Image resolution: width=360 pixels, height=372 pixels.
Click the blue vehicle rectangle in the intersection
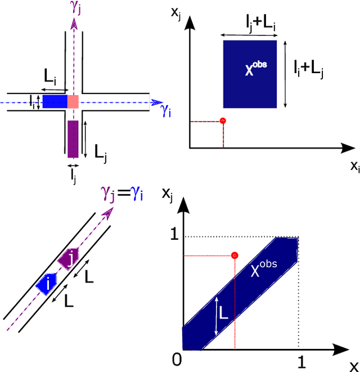[55, 101]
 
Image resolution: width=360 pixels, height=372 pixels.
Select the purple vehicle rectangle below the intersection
[73, 138]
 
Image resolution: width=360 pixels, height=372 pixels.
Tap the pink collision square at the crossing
[73, 101]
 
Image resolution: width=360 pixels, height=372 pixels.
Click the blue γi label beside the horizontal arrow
[165, 110]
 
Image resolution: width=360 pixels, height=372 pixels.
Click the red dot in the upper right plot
[223, 120]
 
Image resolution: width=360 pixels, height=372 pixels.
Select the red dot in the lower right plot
[235, 256]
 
